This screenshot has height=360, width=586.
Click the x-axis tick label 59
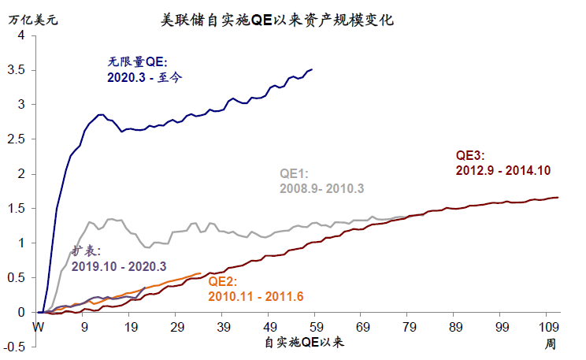[316, 328]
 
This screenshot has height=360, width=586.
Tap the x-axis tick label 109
[548, 328]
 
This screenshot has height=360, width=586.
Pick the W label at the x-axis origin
[38, 328]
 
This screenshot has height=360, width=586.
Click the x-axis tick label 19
[131, 328]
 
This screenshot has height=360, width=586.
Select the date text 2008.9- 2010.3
[321, 189]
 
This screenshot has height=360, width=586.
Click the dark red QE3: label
[474, 154]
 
